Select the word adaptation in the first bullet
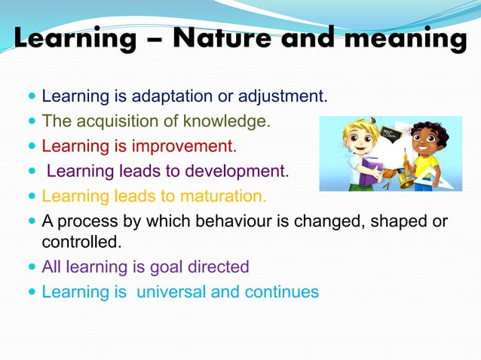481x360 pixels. click(167, 97)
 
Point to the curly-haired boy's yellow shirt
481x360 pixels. click(427, 165)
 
